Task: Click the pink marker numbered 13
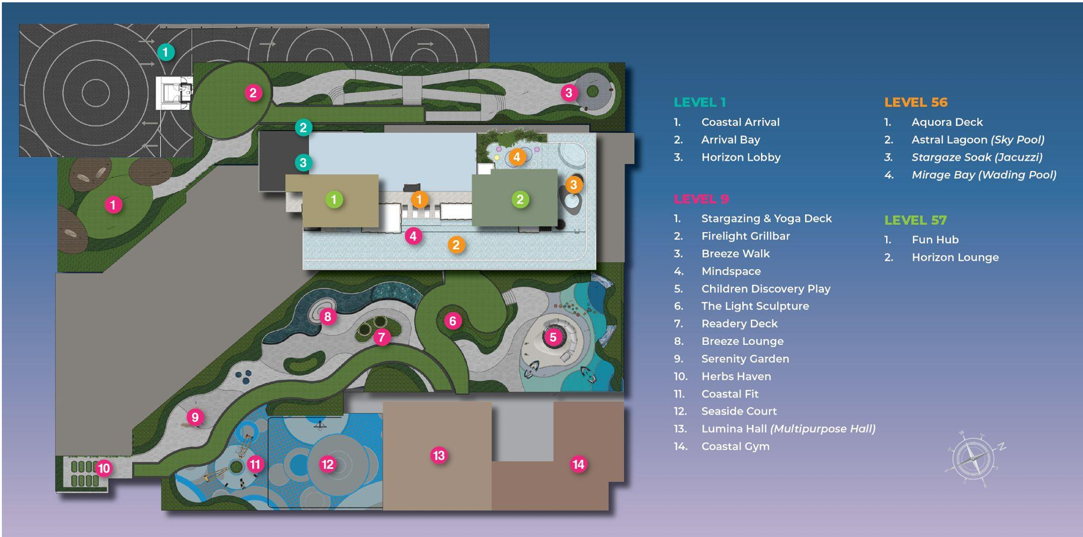coord(439,455)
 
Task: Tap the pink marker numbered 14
coord(579,464)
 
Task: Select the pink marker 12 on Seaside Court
coord(328,464)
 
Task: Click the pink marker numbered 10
coord(104,468)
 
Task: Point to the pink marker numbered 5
coord(553,337)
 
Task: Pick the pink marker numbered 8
coord(328,317)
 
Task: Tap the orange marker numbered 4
coord(517,157)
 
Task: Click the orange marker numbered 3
coord(573,185)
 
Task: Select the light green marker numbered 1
coord(334,200)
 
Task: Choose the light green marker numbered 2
coord(520,200)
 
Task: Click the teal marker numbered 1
coord(166,52)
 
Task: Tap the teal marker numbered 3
coord(303,163)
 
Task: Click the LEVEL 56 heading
coord(915,102)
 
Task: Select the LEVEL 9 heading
coord(701,199)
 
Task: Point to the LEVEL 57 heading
coord(915,220)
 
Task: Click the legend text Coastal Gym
coord(735,446)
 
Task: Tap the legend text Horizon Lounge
coord(955,257)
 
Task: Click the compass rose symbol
coord(974,459)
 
